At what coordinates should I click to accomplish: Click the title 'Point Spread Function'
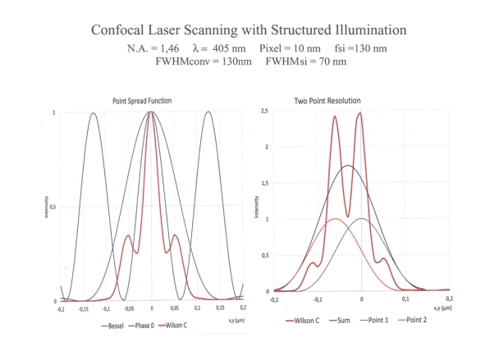pyautogui.click(x=148, y=101)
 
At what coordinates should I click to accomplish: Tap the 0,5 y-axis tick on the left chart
pyautogui.click(x=53, y=207)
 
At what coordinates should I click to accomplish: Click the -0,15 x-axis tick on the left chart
pyautogui.click(x=83, y=309)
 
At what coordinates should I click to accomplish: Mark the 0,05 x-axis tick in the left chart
pyautogui.click(x=174, y=309)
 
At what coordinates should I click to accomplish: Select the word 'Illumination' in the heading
pyautogui.click(x=366, y=30)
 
